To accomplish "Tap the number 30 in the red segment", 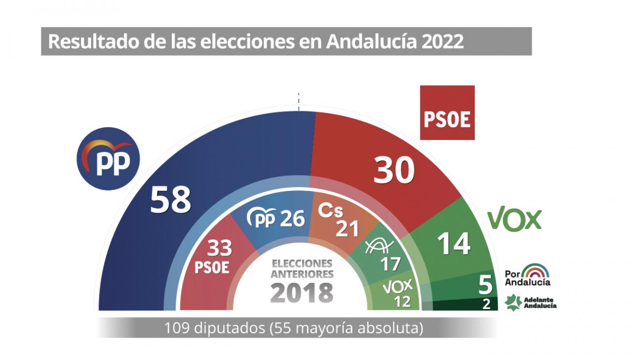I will pyautogui.click(x=394, y=171).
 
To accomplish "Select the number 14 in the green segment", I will pyautogui.click(x=454, y=243).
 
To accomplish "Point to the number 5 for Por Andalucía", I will pyautogui.click(x=486, y=285).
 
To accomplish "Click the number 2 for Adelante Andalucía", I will pyautogui.click(x=487, y=304).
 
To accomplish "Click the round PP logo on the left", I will pyautogui.click(x=108, y=158).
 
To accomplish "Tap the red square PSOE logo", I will pyautogui.click(x=447, y=113).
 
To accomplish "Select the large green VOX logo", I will pyautogui.click(x=514, y=220).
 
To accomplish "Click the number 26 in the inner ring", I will pyautogui.click(x=292, y=218).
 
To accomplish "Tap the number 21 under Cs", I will pyautogui.click(x=348, y=228).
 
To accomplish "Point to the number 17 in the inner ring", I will pyautogui.click(x=390, y=264).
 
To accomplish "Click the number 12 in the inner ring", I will pyautogui.click(x=403, y=301).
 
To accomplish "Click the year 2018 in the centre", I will pyautogui.click(x=302, y=293).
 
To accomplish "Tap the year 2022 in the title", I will pyautogui.click(x=443, y=42).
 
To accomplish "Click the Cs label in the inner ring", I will pyautogui.click(x=330, y=211).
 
